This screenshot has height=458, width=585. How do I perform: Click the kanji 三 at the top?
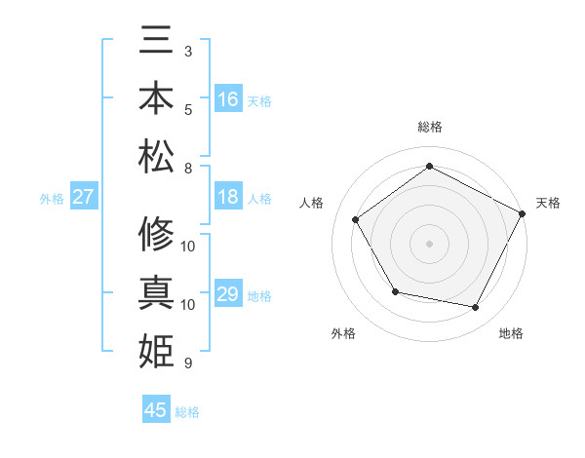(x=156, y=44)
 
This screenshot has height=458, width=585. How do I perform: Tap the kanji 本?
(x=156, y=99)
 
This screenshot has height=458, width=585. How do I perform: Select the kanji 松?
(x=156, y=155)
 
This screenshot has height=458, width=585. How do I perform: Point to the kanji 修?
(x=156, y=235)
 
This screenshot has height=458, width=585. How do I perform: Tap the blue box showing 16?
(x=228, y=99)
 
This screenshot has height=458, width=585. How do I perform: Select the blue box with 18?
(x=228, y=197)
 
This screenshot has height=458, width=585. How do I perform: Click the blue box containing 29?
(x=228, y=294)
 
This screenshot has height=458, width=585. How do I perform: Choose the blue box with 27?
(x=83, y=197)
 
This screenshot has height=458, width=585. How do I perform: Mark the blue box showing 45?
(x=156, y=410)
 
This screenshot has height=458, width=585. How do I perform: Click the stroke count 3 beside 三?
(x=188, y=51)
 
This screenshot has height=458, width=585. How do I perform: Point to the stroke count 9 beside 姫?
(x=188, y=363)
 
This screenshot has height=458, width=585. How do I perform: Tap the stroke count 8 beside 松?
(x=188, y=168)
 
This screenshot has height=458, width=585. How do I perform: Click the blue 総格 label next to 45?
(x=187, y=412)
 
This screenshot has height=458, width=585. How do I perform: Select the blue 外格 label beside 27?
(x=52, y=199)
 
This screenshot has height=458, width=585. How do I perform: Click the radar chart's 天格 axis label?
(x=548, y=203)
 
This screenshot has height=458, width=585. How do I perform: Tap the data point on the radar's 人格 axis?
(x=356, y=219)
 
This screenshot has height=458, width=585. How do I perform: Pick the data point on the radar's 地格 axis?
(x=476, y=308)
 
